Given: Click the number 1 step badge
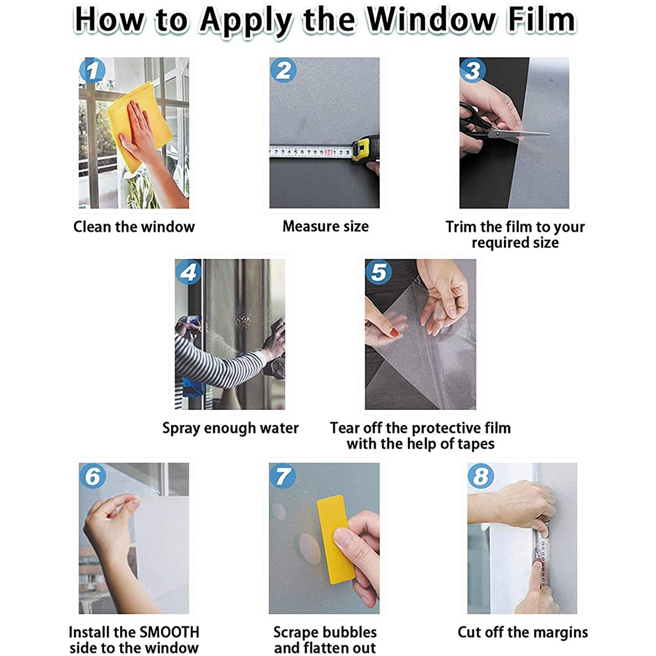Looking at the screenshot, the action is click(x=92, y=70).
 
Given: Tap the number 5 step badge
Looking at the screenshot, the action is click(x=379, y=272).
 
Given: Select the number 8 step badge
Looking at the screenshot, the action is click(x=481, y=476).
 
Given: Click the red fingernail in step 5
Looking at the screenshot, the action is click(x=394, y=333).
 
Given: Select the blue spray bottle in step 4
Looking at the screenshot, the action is click(x=193, y=387).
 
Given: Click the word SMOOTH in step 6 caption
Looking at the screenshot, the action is click(x=169, y=632).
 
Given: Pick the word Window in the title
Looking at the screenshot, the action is click(x=431, y=20).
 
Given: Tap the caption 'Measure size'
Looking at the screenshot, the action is click(x=325, y=226).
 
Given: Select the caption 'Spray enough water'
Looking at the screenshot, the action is click(x=230, y=428).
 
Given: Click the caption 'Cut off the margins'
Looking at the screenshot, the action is click(x=523, y=632).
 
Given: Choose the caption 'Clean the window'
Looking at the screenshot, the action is click(x=134, y=227).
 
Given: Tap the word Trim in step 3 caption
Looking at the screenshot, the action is click(x=461, y=227).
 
